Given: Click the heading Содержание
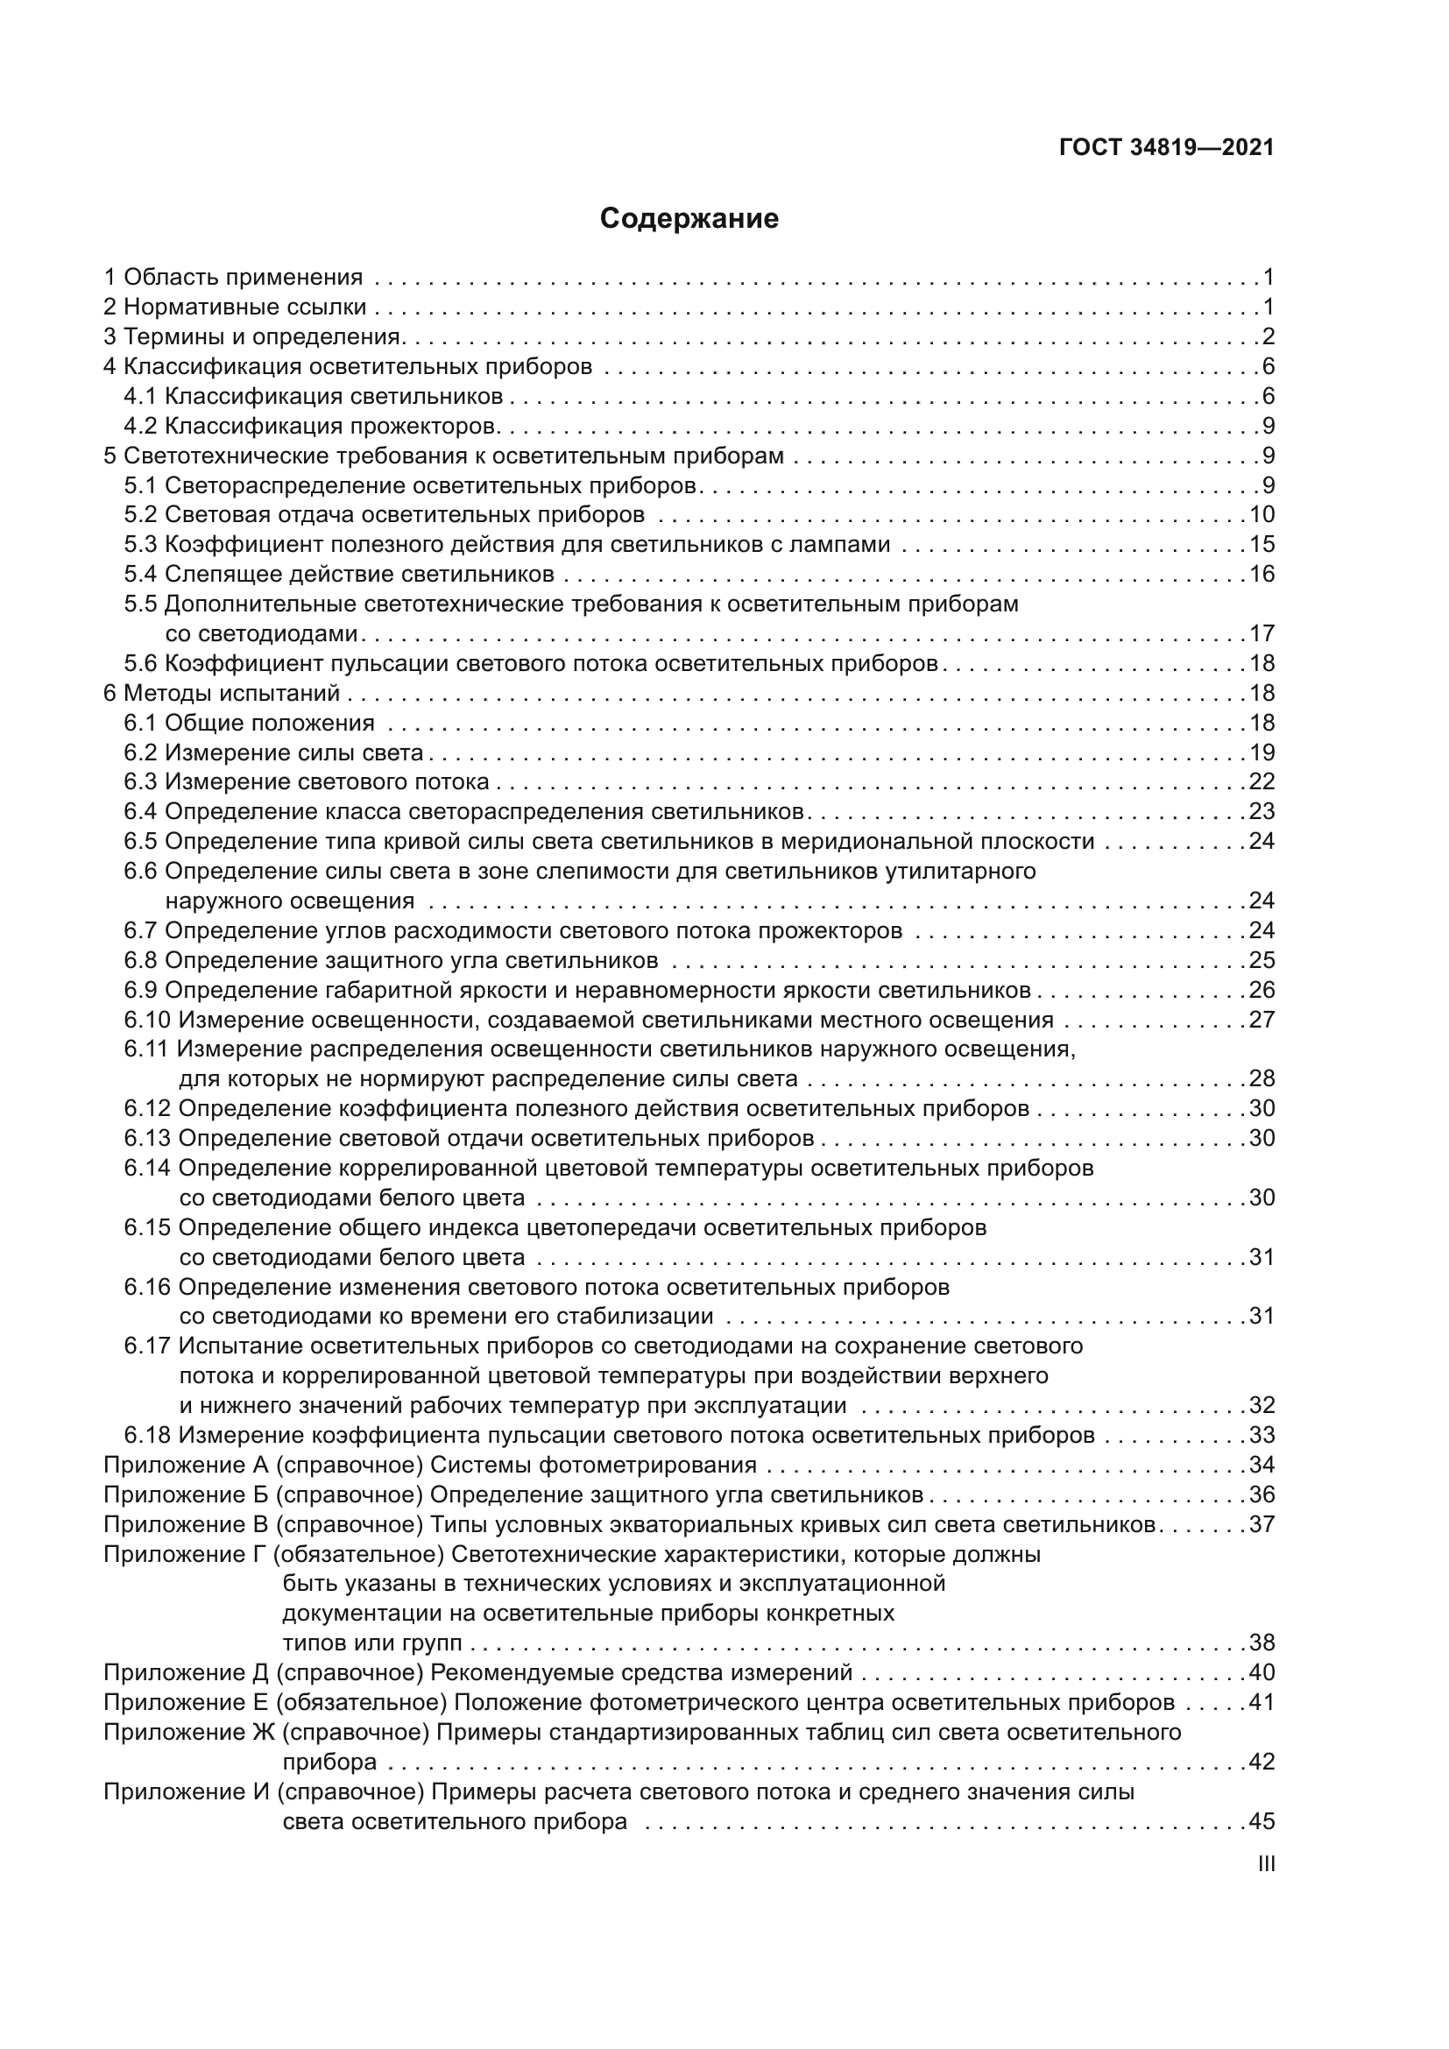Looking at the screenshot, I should coord(689,219).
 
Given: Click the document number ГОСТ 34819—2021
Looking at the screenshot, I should coord(1166,148).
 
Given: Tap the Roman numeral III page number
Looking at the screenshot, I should coord(1265,1864).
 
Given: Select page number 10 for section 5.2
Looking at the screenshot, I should coord(1261,515).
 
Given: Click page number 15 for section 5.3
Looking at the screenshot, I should coord(1261,544).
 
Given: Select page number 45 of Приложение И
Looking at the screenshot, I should coord(1261,1821).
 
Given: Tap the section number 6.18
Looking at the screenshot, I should coord(147,1435).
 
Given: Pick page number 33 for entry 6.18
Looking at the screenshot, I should coord(1261,1435).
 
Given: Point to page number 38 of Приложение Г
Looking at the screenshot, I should coord(1261,1643).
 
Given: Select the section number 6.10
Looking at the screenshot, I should coord(147,1019).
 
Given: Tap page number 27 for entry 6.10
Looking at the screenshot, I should coord(1261,1019).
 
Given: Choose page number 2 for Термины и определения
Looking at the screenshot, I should coord(1268,336).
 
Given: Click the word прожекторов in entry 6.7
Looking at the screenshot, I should coord(830,931).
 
